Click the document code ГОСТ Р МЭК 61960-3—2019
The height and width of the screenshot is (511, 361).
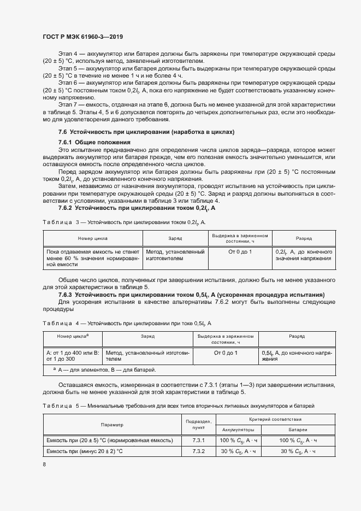pos(82,37)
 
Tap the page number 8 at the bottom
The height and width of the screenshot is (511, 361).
pos(44,464)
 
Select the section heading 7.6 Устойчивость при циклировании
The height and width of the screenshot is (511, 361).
pos(146,132)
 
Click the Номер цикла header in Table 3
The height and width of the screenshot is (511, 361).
pos(93,238)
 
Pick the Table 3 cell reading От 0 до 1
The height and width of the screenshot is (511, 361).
pos(240,251)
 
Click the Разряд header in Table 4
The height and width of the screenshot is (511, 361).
pos(297,337)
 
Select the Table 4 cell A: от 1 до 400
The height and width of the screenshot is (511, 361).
pos(73,356)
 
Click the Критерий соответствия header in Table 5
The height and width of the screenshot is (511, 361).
pos(275,419)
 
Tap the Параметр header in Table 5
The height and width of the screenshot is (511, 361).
pos(112,425)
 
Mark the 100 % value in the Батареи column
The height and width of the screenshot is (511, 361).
pos(298,440)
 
